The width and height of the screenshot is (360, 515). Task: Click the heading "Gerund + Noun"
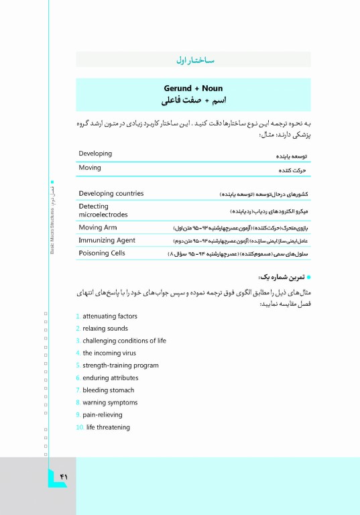click(x=193, y=89)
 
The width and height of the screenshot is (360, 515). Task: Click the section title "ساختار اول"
click(x=194, y=61)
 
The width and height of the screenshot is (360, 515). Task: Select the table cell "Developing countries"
click(x=111, y=194)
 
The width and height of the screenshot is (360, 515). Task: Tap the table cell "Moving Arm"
click(x=98, y=228)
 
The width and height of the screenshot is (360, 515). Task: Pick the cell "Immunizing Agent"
click(x=107, y=240)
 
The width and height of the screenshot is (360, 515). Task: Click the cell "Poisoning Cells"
click(x=103, y=253)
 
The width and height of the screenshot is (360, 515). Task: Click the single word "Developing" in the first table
click(x=95, y=154)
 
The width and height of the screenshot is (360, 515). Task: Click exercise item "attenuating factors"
click(x=110, y=316)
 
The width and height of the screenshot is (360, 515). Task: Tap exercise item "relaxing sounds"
click(x=105, y=329)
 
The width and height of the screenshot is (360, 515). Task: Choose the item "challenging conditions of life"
click(x=124, y=341)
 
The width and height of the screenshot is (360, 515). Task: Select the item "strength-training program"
click(x=121, y=365)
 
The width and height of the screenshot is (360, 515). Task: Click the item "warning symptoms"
click(x=110, y=402)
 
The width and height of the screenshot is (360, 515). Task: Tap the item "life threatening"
click(x=108, y=427)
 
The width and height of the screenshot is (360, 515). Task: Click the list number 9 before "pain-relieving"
click(x=78, y=415)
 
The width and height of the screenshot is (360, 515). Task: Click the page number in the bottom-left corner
click(x=64, y=476)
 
